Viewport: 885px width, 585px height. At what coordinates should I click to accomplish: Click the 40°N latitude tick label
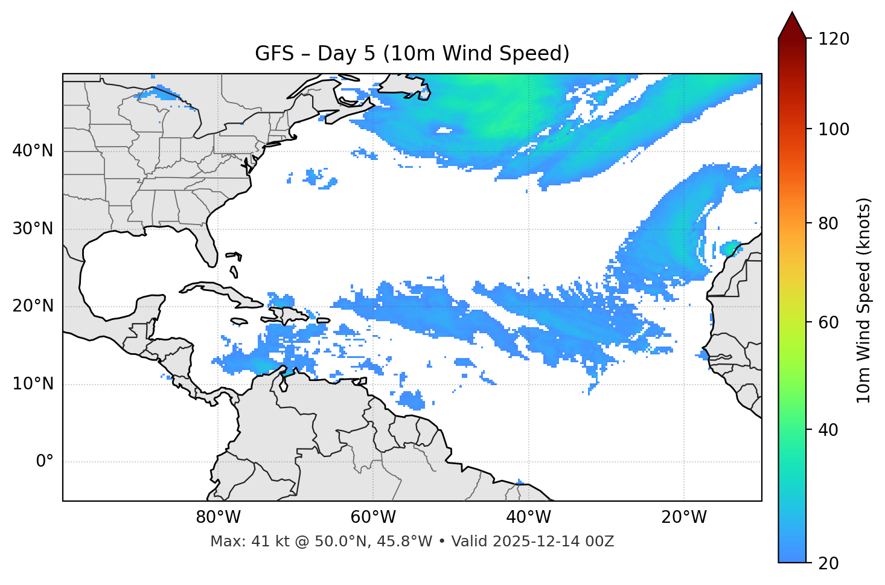33,151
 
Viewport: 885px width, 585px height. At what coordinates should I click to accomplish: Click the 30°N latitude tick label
33,229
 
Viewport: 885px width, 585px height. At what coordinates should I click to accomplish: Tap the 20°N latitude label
33,306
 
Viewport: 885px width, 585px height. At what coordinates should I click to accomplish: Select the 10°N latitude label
33,384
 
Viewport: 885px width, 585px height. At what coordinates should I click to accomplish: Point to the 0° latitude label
44,462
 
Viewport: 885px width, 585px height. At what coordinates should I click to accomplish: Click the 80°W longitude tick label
218,517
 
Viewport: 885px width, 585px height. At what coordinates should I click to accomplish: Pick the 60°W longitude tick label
373,517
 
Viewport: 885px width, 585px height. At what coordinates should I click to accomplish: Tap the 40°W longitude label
528,517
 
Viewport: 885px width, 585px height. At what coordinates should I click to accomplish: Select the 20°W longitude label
683,517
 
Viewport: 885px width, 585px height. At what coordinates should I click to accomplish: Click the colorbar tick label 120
834,39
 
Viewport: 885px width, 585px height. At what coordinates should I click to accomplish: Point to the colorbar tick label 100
834,129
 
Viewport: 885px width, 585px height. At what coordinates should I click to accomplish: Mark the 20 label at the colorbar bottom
829,563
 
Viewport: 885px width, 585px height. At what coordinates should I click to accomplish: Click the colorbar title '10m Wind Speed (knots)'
864,300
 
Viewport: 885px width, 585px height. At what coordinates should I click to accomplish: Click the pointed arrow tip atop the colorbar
792,15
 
